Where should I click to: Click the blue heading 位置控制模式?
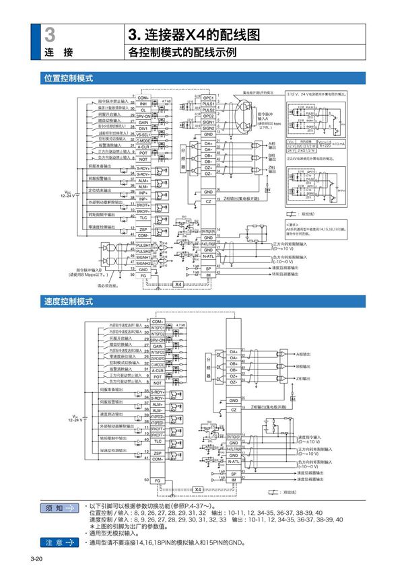point(68,78)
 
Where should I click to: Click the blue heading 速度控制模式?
point(68,301)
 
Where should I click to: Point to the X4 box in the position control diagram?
point(178,285)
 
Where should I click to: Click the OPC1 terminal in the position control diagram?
point(209,98)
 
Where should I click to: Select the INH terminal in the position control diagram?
point(143,104)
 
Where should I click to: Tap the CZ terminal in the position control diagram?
point(209,201)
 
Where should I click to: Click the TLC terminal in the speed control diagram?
point(158,441)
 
